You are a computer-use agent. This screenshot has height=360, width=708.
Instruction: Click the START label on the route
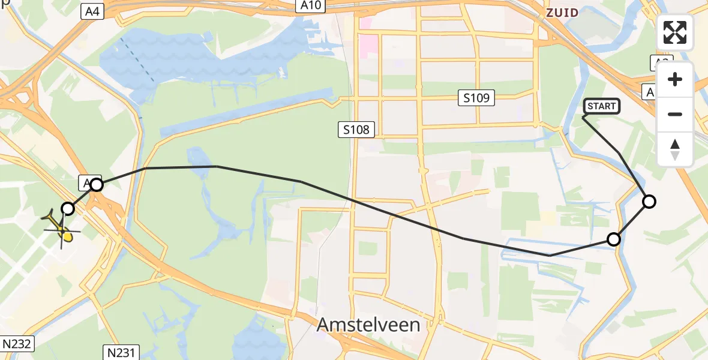(x=602, y=107)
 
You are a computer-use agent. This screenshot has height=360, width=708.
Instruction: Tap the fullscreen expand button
(x=675, y=32)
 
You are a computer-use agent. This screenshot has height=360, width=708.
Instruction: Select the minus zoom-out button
(x=675, y=114)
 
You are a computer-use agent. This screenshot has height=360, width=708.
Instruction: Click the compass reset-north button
(x=675, y=149)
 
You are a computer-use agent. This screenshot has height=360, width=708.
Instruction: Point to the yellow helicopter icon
(x=61, y=228)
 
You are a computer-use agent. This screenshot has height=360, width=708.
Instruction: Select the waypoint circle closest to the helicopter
(x=68, y=208)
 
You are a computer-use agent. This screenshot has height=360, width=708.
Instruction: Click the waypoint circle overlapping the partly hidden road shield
(x=97, y=184)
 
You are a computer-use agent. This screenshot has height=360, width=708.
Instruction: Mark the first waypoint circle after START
(x=649, y=202)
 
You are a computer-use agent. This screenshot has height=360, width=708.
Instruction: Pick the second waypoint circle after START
(x=613, y=239)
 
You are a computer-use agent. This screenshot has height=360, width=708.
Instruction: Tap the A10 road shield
(x=311, y=6)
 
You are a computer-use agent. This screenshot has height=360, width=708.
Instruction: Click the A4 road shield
(x=92, y=10)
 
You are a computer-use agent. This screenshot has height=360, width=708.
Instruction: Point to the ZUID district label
(x=562, y=13)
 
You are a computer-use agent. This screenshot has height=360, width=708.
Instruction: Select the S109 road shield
(x=477, y=98)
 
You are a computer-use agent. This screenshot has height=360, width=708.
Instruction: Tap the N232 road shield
(x=17, y=344)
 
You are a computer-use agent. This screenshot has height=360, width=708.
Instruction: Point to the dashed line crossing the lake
(x=138, y=60)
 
